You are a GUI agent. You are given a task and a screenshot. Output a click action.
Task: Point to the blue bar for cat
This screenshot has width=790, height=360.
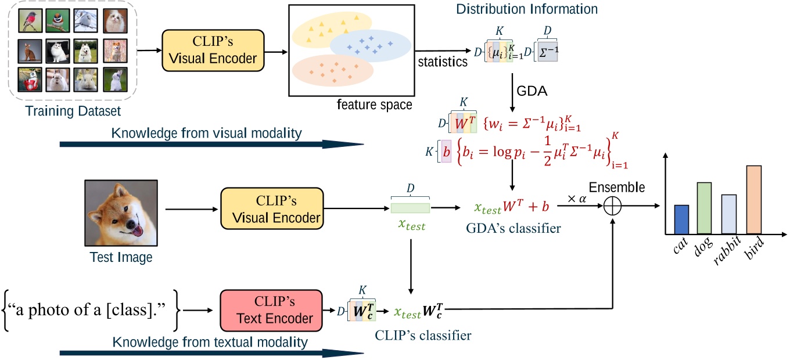click(681, 219)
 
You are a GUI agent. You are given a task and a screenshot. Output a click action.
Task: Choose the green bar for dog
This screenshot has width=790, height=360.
click(704, 208)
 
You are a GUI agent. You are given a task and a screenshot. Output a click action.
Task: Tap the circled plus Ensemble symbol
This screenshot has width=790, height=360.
click(613, 206)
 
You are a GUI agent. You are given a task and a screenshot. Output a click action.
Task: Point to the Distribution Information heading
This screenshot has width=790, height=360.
click(526, 9)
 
